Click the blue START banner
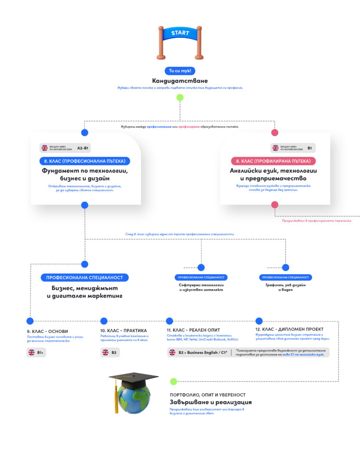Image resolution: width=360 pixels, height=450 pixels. coord(180,33)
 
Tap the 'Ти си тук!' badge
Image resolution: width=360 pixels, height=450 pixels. coord(180,71)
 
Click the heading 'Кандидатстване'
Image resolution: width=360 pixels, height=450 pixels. coord(180,81)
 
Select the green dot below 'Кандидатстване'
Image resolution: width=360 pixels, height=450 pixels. coord(180,98)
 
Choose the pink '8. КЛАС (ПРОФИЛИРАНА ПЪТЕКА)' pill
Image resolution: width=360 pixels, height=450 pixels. coord(273,161)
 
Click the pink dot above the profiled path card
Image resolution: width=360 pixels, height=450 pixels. coord(275,133)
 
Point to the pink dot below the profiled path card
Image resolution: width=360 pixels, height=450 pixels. coord(275,205)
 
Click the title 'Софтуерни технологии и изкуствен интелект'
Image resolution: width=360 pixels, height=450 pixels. coord(201,287)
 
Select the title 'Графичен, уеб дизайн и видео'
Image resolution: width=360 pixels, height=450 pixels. coord(285,287)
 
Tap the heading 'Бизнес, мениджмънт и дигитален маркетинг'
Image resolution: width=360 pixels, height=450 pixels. coord(84,292)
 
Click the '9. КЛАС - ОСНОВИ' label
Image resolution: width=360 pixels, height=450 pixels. coord(47,331)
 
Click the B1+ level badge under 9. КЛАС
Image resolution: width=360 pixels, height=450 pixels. coord(36,352)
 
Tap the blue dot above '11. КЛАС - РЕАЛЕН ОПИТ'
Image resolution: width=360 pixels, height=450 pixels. coord(169,321)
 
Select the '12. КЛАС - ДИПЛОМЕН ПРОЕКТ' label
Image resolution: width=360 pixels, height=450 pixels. coord(289,329)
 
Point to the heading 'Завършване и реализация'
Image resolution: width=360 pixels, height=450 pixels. coord(211,402)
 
